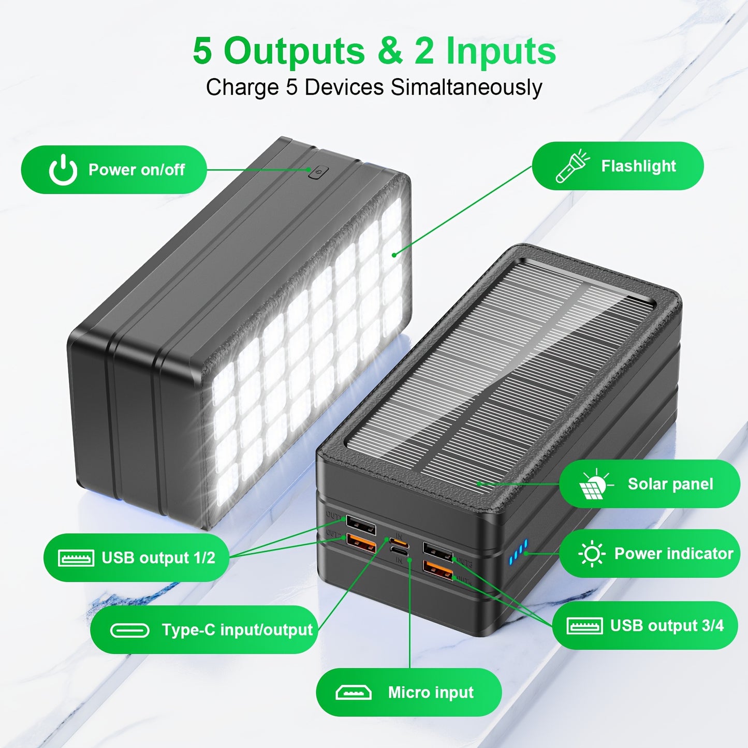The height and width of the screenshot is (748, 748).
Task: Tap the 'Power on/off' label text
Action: pyautogui.click(x=136, y=170)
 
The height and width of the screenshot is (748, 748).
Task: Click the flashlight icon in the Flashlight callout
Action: pyautogui.click(x=572, y=166)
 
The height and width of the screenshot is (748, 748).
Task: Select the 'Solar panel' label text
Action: pyautogui.click(x=670, y=484)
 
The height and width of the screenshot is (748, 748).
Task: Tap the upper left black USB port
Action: pyautogui.click(x=360, y=525)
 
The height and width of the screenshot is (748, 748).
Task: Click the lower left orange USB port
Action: pyautogui.click(x=361, y=544)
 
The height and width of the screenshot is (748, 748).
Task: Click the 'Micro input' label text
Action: pyautogui.click(x=431, y=693)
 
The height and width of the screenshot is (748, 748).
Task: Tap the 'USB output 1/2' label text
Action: pyautogui.click(x=158, y=558)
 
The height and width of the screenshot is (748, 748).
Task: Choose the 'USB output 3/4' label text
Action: pyautogui.click(x=666, y=626)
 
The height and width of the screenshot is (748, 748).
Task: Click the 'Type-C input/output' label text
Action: pyautogui.click(x=237, y=630)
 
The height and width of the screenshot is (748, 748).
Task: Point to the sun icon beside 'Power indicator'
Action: pyautogui.click(x=591, y=554)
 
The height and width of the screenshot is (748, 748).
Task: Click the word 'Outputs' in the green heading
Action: pyautogui.click(x=294, y=51)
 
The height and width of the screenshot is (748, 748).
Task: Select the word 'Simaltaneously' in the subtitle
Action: pyautogui.click(x=466, y=87)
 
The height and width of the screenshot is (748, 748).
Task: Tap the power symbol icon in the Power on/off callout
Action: pyautogui.click(x=63, y=170)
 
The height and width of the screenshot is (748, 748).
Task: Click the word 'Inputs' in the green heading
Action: pyautogui.click(x=501, y=51)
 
